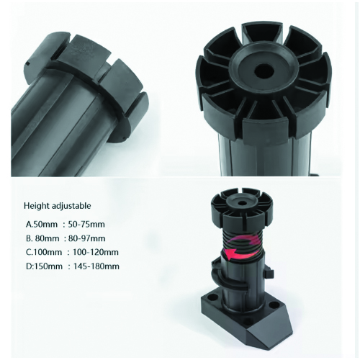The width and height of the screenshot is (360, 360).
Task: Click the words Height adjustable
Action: (58, 206)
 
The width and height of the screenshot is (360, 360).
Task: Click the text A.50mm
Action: (42, 225)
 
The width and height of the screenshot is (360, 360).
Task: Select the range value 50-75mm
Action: (86, 225)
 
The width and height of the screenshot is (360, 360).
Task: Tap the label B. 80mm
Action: (42, 238)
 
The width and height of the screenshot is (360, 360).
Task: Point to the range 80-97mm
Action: (86, 238)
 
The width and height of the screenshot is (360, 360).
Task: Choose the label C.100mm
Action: (44, 253)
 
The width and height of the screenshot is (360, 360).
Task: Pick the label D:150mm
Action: (44, 266)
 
